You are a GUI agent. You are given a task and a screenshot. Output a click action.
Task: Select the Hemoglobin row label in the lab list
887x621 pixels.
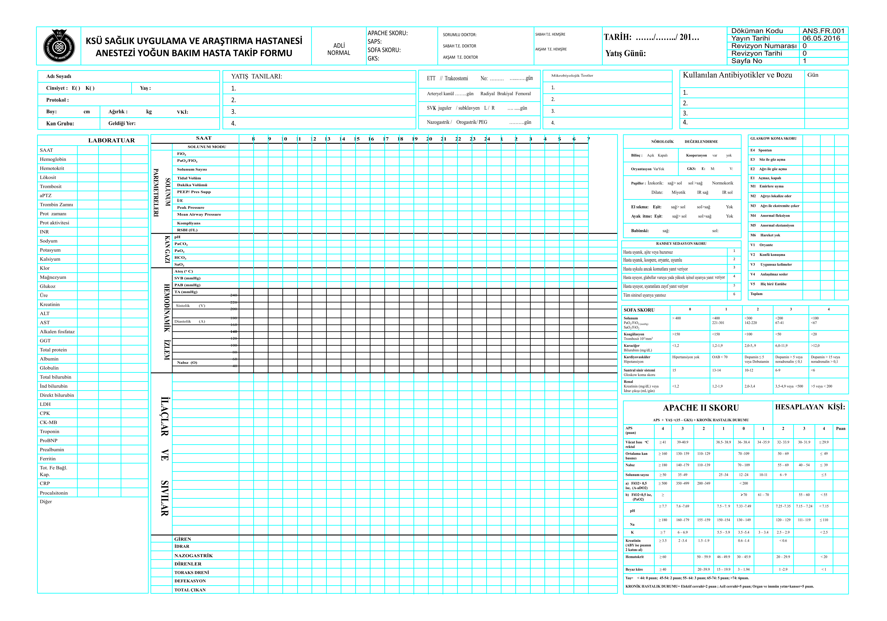(x=53, y=159)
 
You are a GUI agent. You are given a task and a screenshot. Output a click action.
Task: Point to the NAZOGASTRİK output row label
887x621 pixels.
(x=194, y=555)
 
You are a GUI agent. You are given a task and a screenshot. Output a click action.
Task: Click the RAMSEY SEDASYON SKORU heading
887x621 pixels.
(x=681, y=244)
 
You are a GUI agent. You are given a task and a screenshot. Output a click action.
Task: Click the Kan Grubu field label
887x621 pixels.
(x=60, y=124)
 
